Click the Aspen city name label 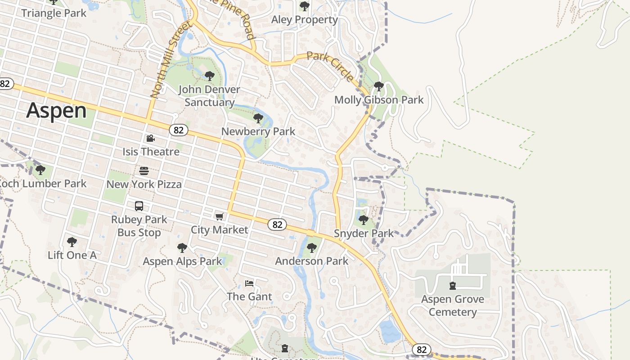tap(56, 111)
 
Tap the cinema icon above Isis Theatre tap(150, 139)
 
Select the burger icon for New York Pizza tap(144, 171)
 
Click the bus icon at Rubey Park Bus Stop tap(139, 206)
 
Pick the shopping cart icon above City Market tap(220, 217)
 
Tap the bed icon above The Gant tap(249, 283)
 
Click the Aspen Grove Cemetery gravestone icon tap(453, 286)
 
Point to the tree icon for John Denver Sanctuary tap(209, 76)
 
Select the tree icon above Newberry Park tap(258, 118)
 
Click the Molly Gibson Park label tap(379, 100)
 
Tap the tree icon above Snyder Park tap(363, 220)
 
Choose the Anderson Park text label tap(312, 261)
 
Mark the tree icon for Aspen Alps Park tap(182, 248)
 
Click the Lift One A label tap(72, 255)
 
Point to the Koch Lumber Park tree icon tap(40, 170)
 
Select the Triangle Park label tap(54, 13)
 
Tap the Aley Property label tap(305, 20)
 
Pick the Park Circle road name tap(330, 67)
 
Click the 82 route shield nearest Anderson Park tap(277, 224)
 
